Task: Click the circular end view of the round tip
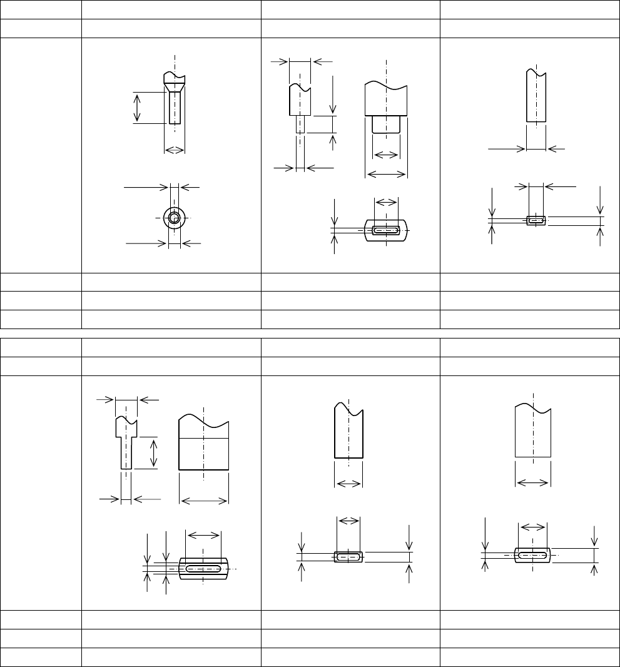click(x=174, y=218)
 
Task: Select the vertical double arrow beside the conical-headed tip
click(x=138, y=107)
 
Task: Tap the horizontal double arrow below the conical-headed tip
click(x=175, y=150)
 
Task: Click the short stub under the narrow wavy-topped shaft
click(x=300, y=124)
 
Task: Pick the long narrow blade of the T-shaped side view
click(x=126, y=452)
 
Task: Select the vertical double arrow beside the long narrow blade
click(x=154, y=453)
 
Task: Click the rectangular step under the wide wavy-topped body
click(x=386, y=124)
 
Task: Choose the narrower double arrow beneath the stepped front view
click(x=385, y=155)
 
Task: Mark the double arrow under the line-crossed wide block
click(x=204, y=499)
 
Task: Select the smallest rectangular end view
click(x=536, y=220)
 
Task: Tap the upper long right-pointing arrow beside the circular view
click(x=146, y=186)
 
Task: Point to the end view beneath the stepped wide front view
click(x=386, y=230)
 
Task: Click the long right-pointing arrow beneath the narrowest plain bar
click(x=506, y=149)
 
